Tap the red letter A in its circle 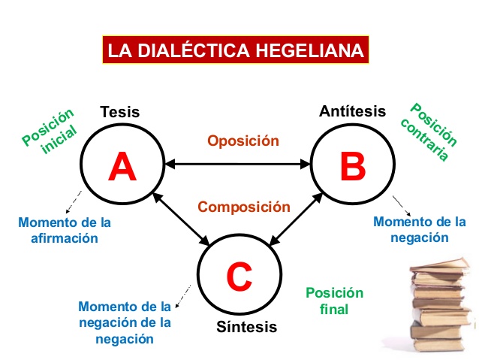click(x=122, y=167)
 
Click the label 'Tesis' click(x=120, y=113)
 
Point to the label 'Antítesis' click(x=352, y=111)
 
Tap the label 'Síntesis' click(x=247, y=327)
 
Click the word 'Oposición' click(x=243, y=141)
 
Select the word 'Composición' click(x=243, y=206)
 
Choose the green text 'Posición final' click(x=334, y=301)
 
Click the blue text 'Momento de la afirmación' click(x=65, y=230)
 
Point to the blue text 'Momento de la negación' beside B click(x=420, y=229)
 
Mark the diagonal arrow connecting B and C click(x=296, y=219)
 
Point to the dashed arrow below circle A click(x=74, y=202)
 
